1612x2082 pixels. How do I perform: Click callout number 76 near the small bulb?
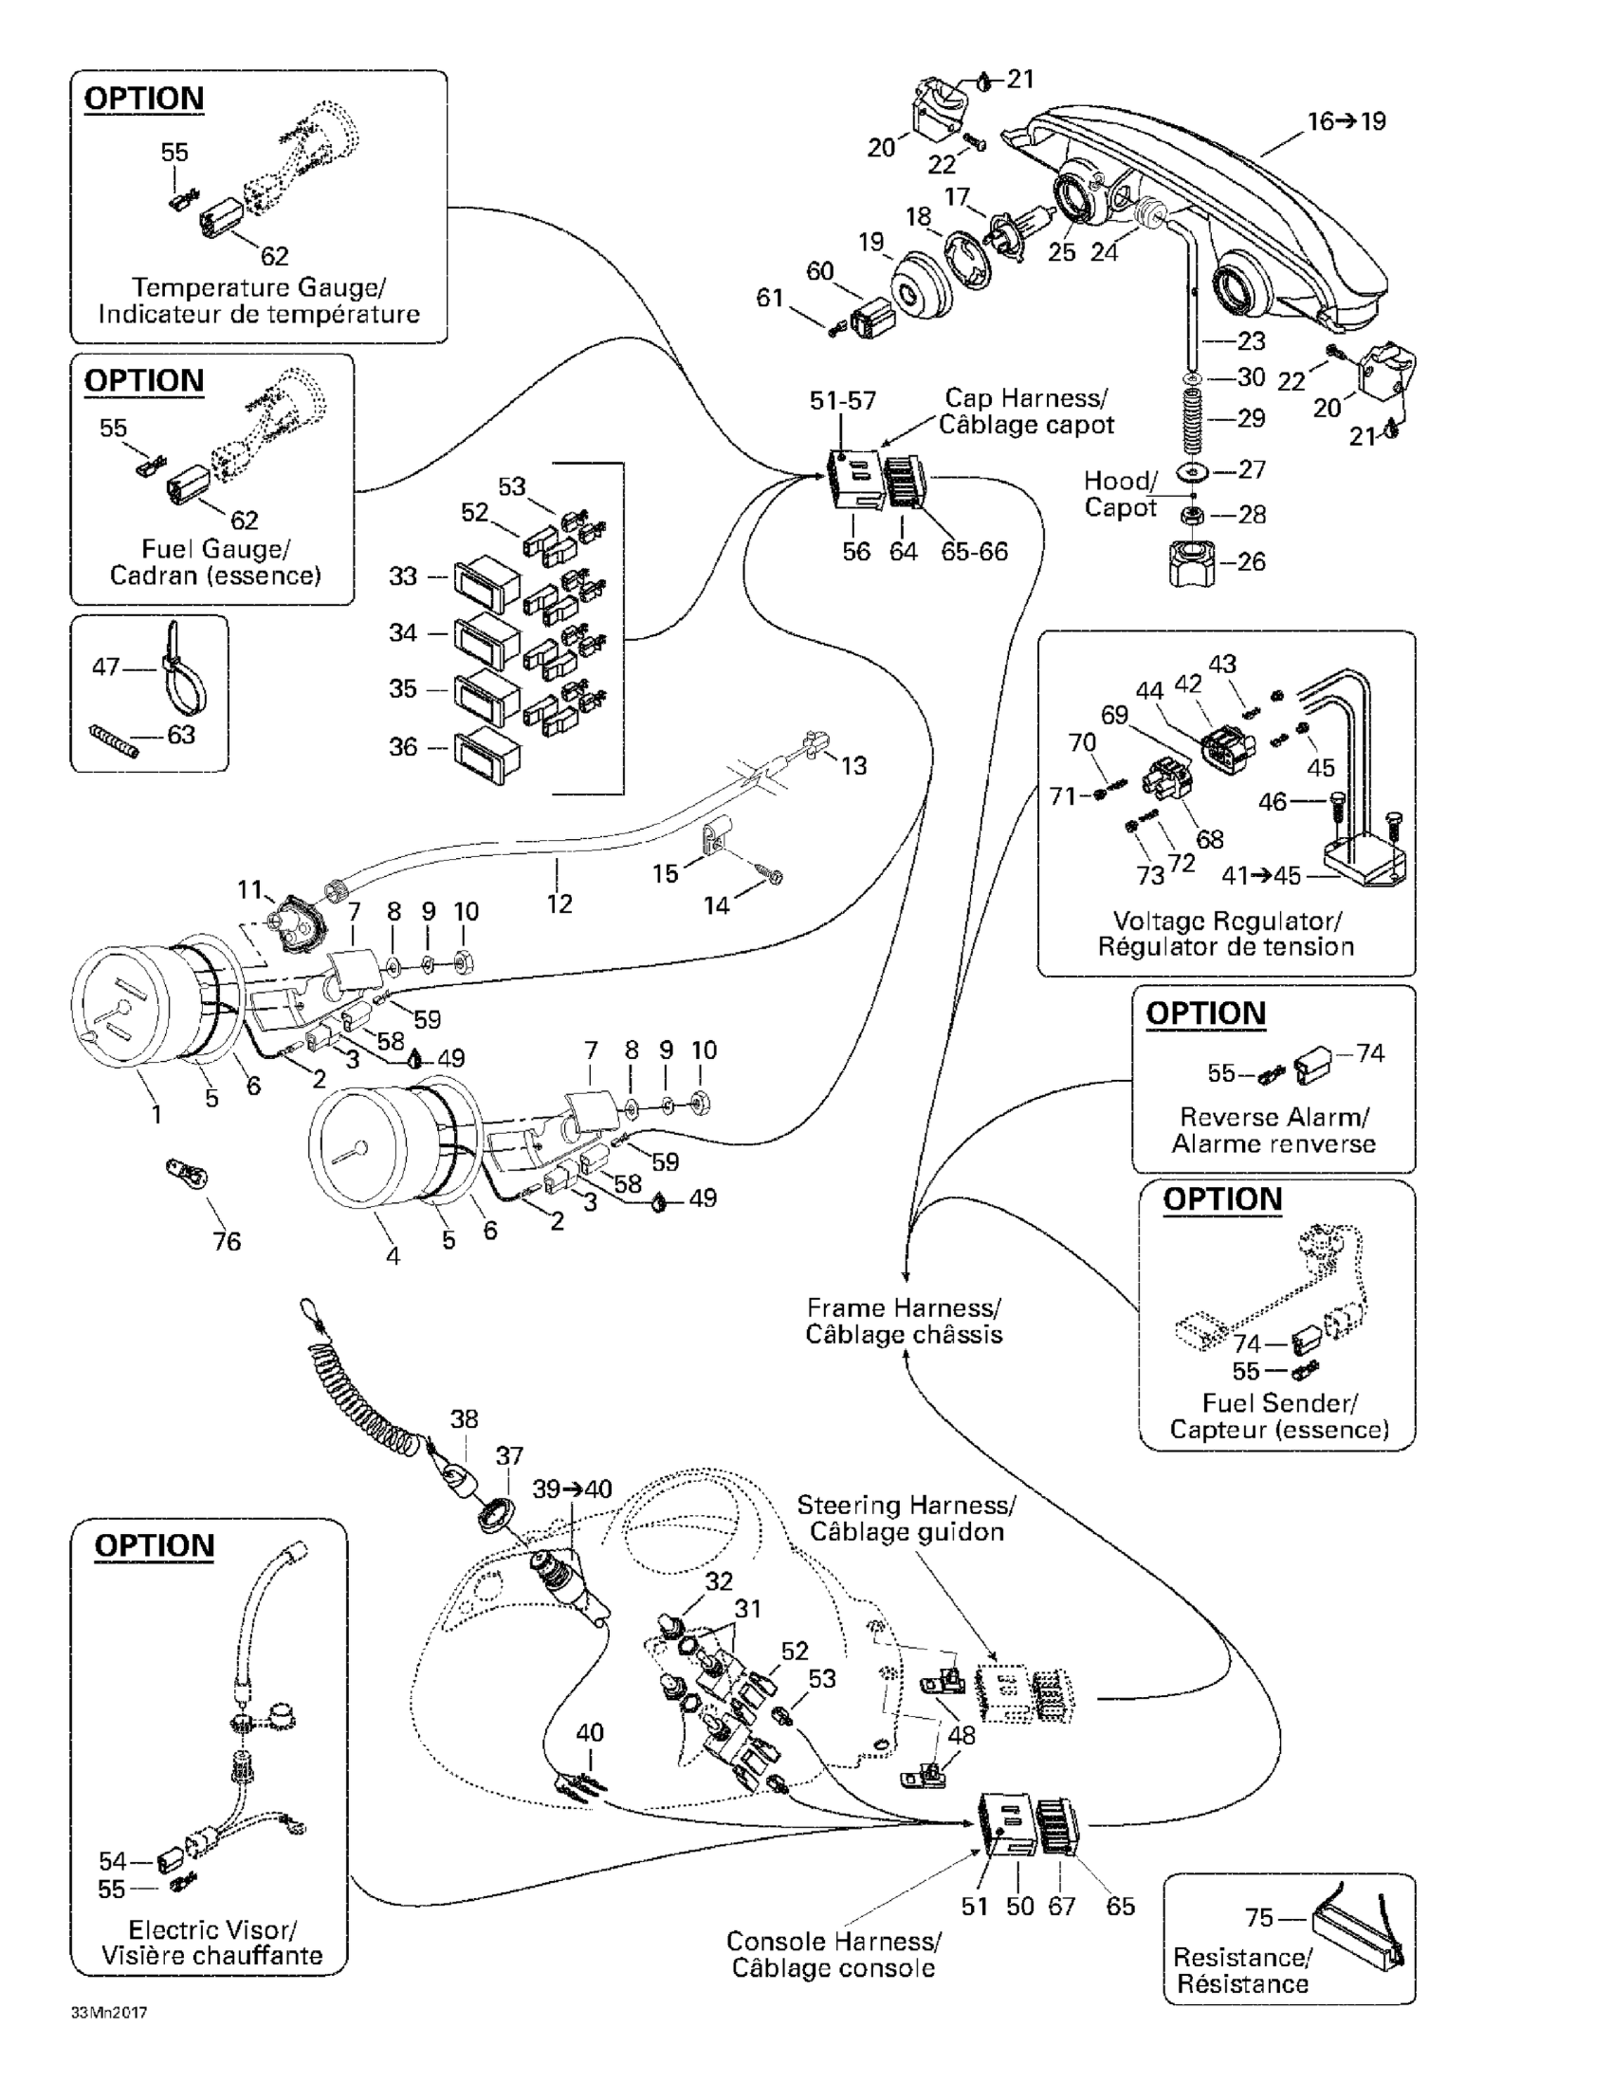227,1241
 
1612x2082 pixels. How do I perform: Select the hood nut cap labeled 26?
1192,562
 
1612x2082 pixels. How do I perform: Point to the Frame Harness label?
903,1321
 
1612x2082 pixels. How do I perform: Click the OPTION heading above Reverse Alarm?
1205,1014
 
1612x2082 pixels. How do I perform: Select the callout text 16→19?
1346,121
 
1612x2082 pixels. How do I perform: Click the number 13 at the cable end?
853,765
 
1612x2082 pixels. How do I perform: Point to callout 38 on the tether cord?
465,1418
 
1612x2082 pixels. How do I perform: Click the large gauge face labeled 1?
124,1006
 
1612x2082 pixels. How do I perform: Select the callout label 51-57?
843,400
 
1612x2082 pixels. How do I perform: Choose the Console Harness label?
833,1954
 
